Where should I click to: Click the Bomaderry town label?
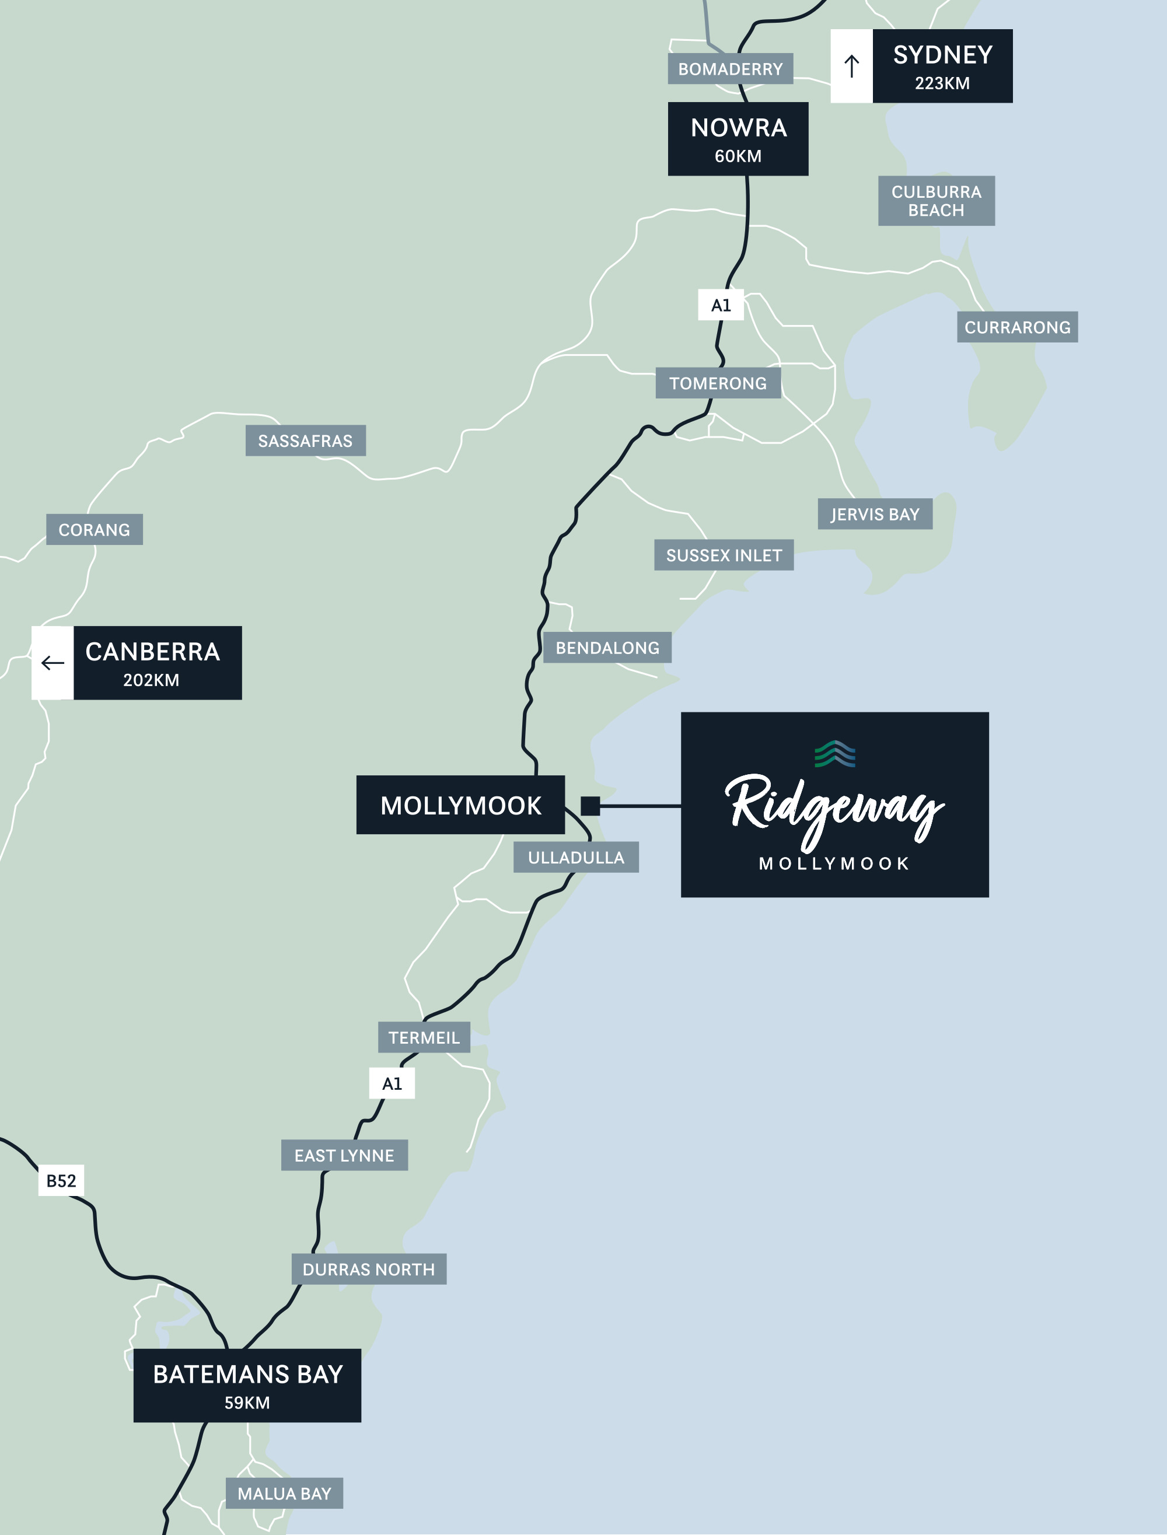coord(730,69)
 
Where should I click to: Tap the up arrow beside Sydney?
coord(852,67)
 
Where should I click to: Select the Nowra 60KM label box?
coord(738,139)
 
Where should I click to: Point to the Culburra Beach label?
coord(936,201)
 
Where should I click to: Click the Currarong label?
coord(1017,327)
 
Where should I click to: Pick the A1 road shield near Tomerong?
coord(721,305)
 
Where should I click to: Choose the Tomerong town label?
coord(718,383)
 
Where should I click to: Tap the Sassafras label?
coord(305,441)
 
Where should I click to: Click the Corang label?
coord(95,530)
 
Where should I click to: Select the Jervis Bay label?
coord(875,515)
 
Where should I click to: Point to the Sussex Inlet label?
coord(724,555)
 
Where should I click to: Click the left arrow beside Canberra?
coord(53,663)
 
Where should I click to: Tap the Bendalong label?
coord(607,648)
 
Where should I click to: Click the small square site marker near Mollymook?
coord(591,806)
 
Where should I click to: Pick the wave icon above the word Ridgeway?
coord(835,754)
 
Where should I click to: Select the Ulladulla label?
coord(576,858)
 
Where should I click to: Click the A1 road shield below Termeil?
coord(392,1083)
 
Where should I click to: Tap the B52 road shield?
coord(61,1181)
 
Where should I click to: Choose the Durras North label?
coord(369,1270)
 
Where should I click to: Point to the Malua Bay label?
coord(284,1494)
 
